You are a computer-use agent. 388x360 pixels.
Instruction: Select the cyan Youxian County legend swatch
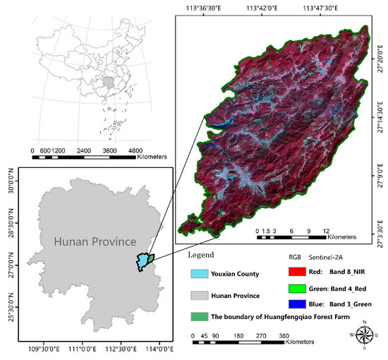point(204,273)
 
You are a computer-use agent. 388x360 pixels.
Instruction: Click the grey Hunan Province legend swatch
point(204,295)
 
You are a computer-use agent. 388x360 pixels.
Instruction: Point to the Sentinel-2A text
point(327,258)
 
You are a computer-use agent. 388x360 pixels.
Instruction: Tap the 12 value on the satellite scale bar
point(325,230)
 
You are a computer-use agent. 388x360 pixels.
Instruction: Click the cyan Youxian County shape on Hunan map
point(144,261)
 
